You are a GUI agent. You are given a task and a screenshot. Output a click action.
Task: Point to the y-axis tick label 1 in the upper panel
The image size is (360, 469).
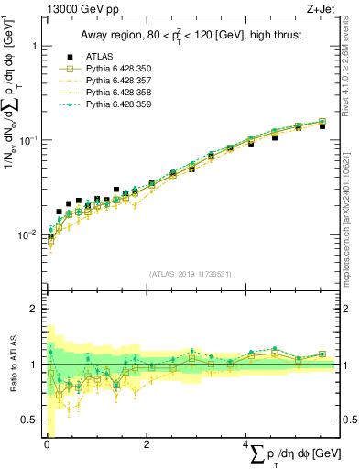(x=35, y=46)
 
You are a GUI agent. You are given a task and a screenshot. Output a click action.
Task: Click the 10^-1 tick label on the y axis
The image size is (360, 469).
(x=28, y=139)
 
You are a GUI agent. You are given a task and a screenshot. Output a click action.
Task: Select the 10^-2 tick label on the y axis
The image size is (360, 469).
(x=28, y=234)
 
